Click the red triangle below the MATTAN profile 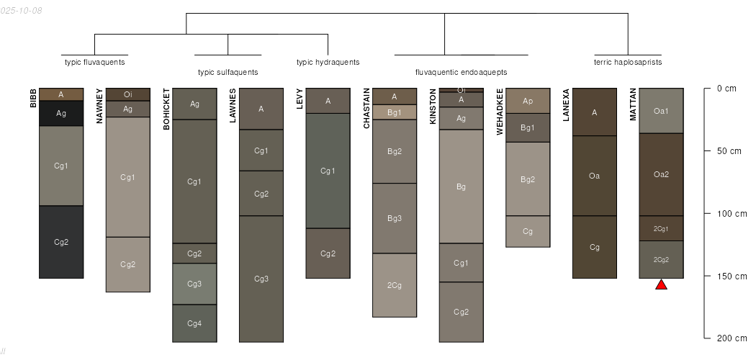661,285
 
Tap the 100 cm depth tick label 728,214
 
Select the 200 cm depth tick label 728,338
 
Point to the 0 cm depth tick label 726,89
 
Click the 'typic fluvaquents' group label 95,62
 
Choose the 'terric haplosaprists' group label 628,62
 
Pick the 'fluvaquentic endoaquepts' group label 462,72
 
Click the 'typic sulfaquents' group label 228,72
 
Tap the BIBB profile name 33,99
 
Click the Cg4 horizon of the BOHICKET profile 194,323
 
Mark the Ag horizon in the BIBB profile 61,113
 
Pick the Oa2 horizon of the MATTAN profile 661,174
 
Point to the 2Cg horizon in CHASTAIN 395,285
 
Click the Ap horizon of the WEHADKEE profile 528,101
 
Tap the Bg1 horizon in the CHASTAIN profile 395,112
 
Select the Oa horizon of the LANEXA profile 594,176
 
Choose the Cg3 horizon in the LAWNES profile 261,279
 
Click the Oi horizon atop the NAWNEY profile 128,94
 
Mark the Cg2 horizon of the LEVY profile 328,253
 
